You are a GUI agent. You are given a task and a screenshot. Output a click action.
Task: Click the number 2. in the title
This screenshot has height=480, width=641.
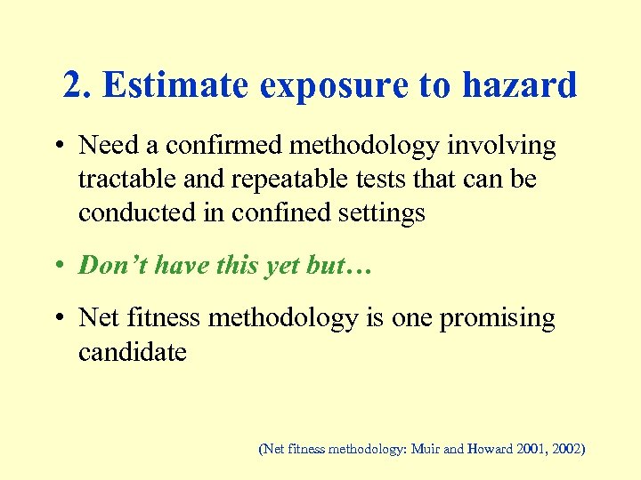pos(78,85)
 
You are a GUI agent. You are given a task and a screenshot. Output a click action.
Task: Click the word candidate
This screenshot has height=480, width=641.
pos(133,352)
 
